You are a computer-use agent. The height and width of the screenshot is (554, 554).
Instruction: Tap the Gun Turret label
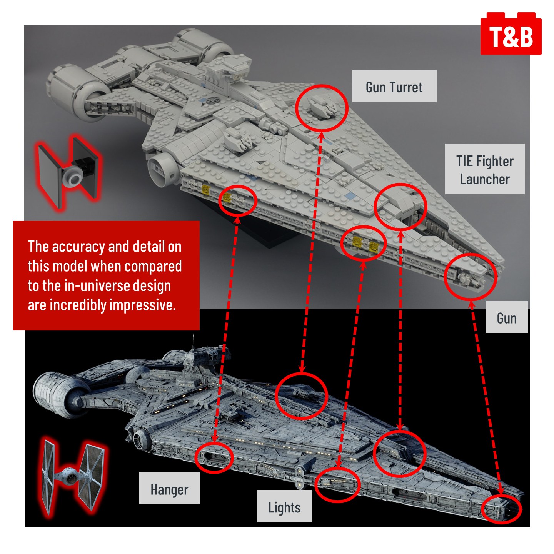[394, 87]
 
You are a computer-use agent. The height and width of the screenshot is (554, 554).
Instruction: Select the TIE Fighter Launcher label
[484, 169]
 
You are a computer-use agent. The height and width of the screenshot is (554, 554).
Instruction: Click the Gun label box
[506, 318]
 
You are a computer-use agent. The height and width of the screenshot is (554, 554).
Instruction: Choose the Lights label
[284, 507]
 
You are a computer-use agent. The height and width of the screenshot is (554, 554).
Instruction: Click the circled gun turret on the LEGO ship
[322, 108]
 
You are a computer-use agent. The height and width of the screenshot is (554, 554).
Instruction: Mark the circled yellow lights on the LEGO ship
[363, 243]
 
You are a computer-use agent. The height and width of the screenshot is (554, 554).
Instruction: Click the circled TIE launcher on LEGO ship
[400, 207]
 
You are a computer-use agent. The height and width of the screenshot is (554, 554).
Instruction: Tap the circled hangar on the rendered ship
[214, 457]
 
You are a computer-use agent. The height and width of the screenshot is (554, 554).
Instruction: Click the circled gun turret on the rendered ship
[302, 395]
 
